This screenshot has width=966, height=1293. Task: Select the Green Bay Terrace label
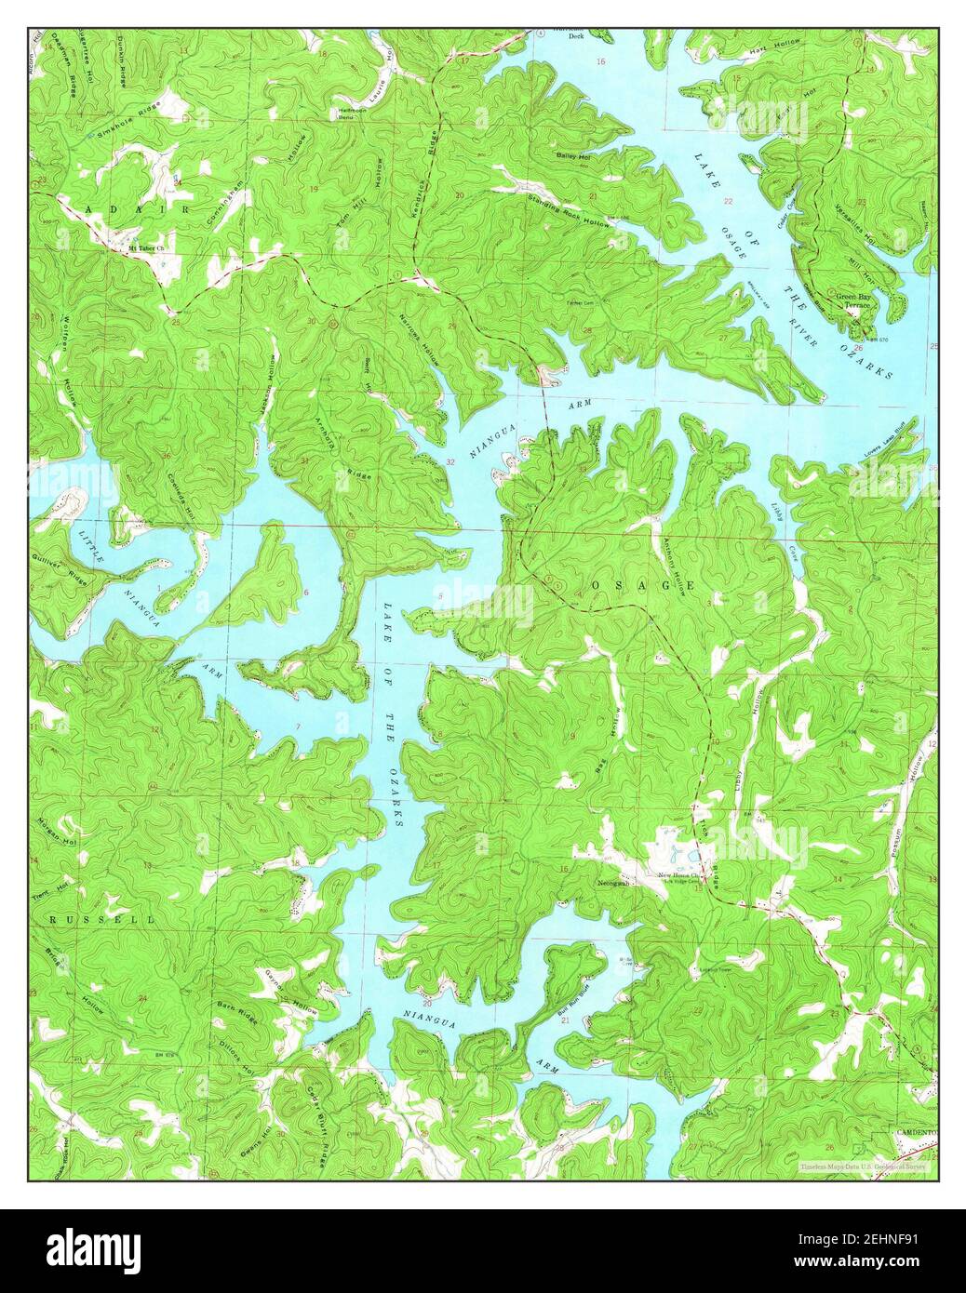tap(857, 301)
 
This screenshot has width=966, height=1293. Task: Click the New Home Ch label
tap(678, 875)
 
